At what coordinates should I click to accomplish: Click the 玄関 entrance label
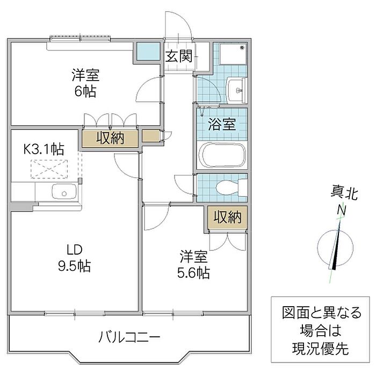point(179,56)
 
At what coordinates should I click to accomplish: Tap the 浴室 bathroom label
point(222,125)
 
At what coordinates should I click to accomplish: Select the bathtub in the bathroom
point(222,155)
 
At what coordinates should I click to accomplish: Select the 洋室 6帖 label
point(85,83)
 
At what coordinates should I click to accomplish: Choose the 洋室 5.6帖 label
point(194,264)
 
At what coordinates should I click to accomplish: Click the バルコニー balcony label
point(129,338)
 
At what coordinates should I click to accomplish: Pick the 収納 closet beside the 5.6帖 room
point(228,218)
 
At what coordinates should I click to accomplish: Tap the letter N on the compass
point(341,211)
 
